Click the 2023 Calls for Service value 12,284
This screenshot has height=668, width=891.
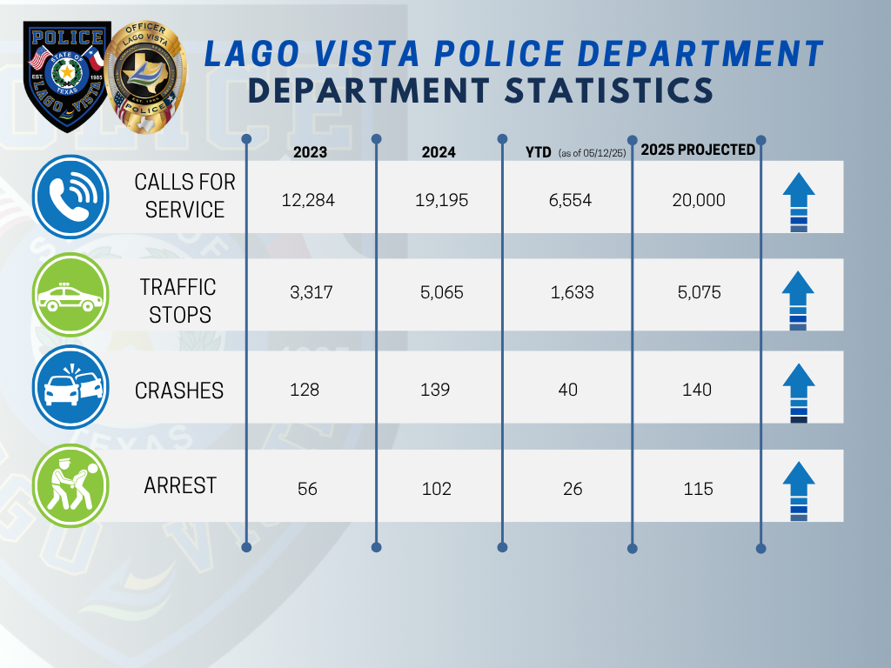coord(308,201)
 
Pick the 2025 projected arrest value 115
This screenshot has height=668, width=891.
coord(697,489)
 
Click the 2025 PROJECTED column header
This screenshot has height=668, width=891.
coord(698,150)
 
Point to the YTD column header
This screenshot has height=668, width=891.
coord(539,152)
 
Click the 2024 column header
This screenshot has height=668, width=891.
coord(439,152)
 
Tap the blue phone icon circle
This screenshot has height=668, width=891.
coord(70,197)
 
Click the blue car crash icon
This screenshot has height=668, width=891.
coord(70,389)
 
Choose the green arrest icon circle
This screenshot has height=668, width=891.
coord(70,485)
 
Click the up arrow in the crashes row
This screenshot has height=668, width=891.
coord(798,391)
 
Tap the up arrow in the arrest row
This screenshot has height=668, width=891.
coord(798,490)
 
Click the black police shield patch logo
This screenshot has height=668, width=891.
coord(67,77)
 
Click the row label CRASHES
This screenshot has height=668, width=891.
coord(179,391)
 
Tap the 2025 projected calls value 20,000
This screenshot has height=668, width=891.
coord(698,201)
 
